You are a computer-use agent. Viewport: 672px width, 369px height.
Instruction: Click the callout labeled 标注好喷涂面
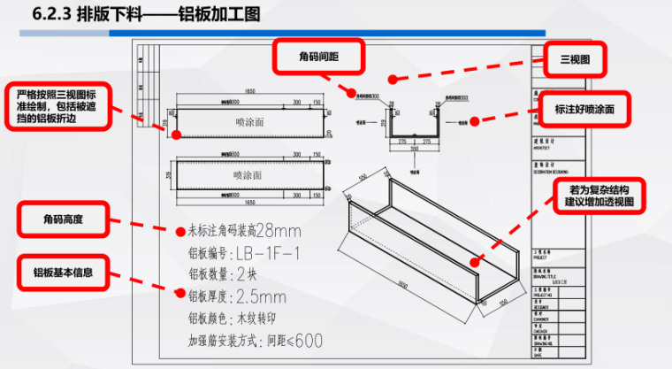point(584,108)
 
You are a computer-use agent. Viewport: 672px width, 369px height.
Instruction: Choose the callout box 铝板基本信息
point(63,272)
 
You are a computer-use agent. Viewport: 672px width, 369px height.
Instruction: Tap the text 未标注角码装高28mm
point(244,232)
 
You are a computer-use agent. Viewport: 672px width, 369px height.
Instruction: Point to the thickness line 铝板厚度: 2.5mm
point(237,296)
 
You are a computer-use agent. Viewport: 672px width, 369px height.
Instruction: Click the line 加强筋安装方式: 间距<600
point(255,339)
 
